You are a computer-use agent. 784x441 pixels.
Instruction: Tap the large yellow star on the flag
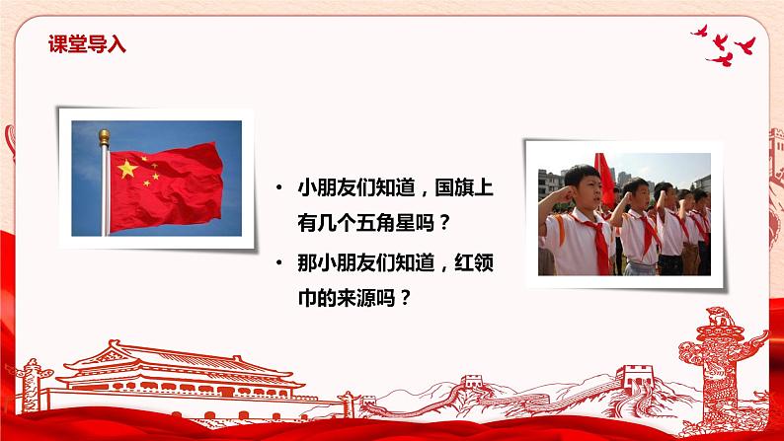click(x=127, y=169)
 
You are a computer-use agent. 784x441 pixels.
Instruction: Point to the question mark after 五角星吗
click(x=443, y=222)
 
